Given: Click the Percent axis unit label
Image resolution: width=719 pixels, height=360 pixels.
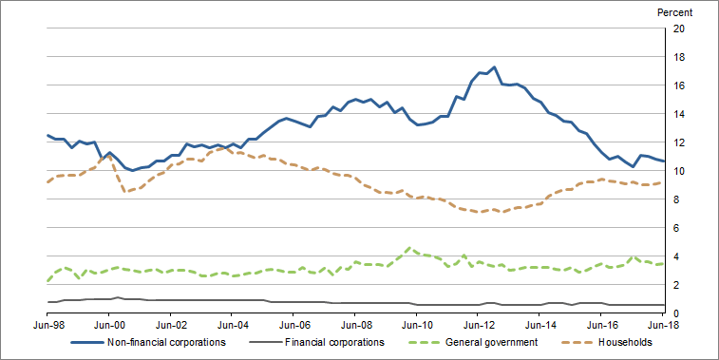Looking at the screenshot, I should [674, 12].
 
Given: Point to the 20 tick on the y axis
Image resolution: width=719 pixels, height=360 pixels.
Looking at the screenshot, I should [679, 28].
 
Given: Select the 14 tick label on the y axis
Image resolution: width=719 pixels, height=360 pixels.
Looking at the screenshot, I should [679, 114].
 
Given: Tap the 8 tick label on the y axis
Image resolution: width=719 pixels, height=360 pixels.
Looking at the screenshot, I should [676, 199].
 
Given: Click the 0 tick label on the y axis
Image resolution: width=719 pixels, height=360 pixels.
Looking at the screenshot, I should [676, 313].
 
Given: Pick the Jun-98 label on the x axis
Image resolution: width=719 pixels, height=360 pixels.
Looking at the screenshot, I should [47, 327].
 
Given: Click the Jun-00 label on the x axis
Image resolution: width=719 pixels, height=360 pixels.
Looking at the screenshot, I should [109, 327].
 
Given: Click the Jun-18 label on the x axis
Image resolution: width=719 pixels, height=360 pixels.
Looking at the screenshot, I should [663, 327].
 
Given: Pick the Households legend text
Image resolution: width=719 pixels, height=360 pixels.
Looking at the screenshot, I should [626, 343].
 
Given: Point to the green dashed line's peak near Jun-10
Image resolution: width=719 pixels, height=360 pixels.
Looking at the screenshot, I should [409, 248].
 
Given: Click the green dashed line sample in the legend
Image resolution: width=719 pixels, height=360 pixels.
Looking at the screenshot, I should [421, 343].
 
